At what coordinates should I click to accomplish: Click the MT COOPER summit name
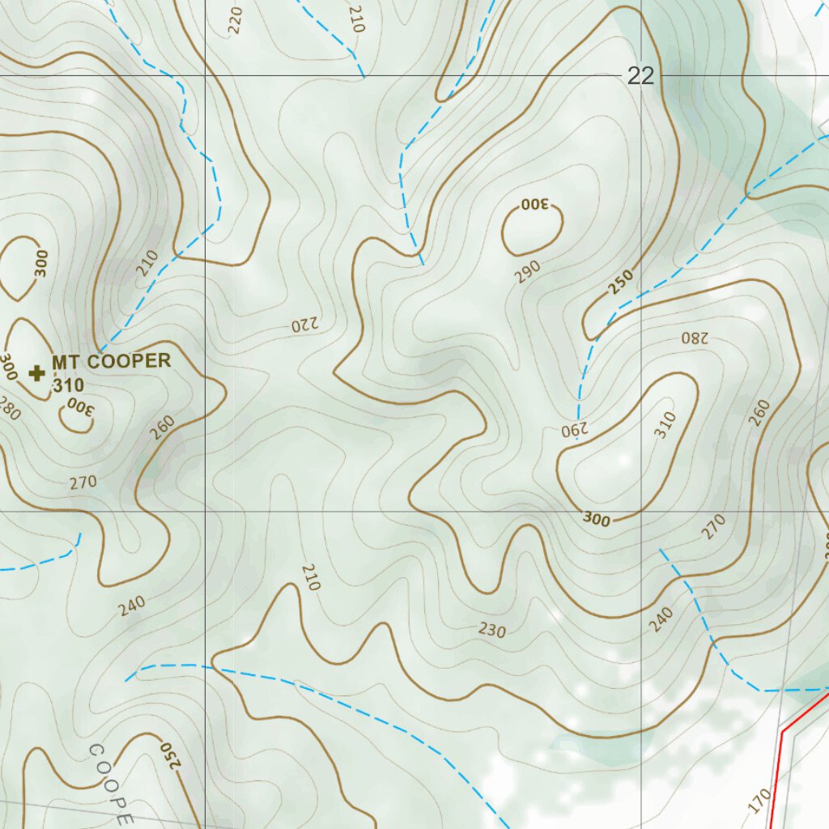tap(112, 361)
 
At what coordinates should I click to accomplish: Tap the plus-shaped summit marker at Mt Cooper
tap(36, 372)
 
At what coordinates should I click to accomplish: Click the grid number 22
tap(640, 76)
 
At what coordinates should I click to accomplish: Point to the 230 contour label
tap(491, 630)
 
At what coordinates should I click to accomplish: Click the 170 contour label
tap(759, 801)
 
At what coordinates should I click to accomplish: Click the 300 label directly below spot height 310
tap(79, 406)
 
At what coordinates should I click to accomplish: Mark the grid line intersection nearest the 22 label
tap(641, 76)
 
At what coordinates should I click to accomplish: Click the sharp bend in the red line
tap(783, 731)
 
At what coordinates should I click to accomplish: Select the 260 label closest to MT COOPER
tap(162, 427)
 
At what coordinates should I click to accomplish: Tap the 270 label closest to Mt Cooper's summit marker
tap(83, 483)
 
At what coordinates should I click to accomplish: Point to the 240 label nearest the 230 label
tap(661, 619)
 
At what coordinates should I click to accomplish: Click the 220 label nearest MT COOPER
tap(305, 325)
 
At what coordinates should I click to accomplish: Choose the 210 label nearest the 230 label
tap(311, 576)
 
